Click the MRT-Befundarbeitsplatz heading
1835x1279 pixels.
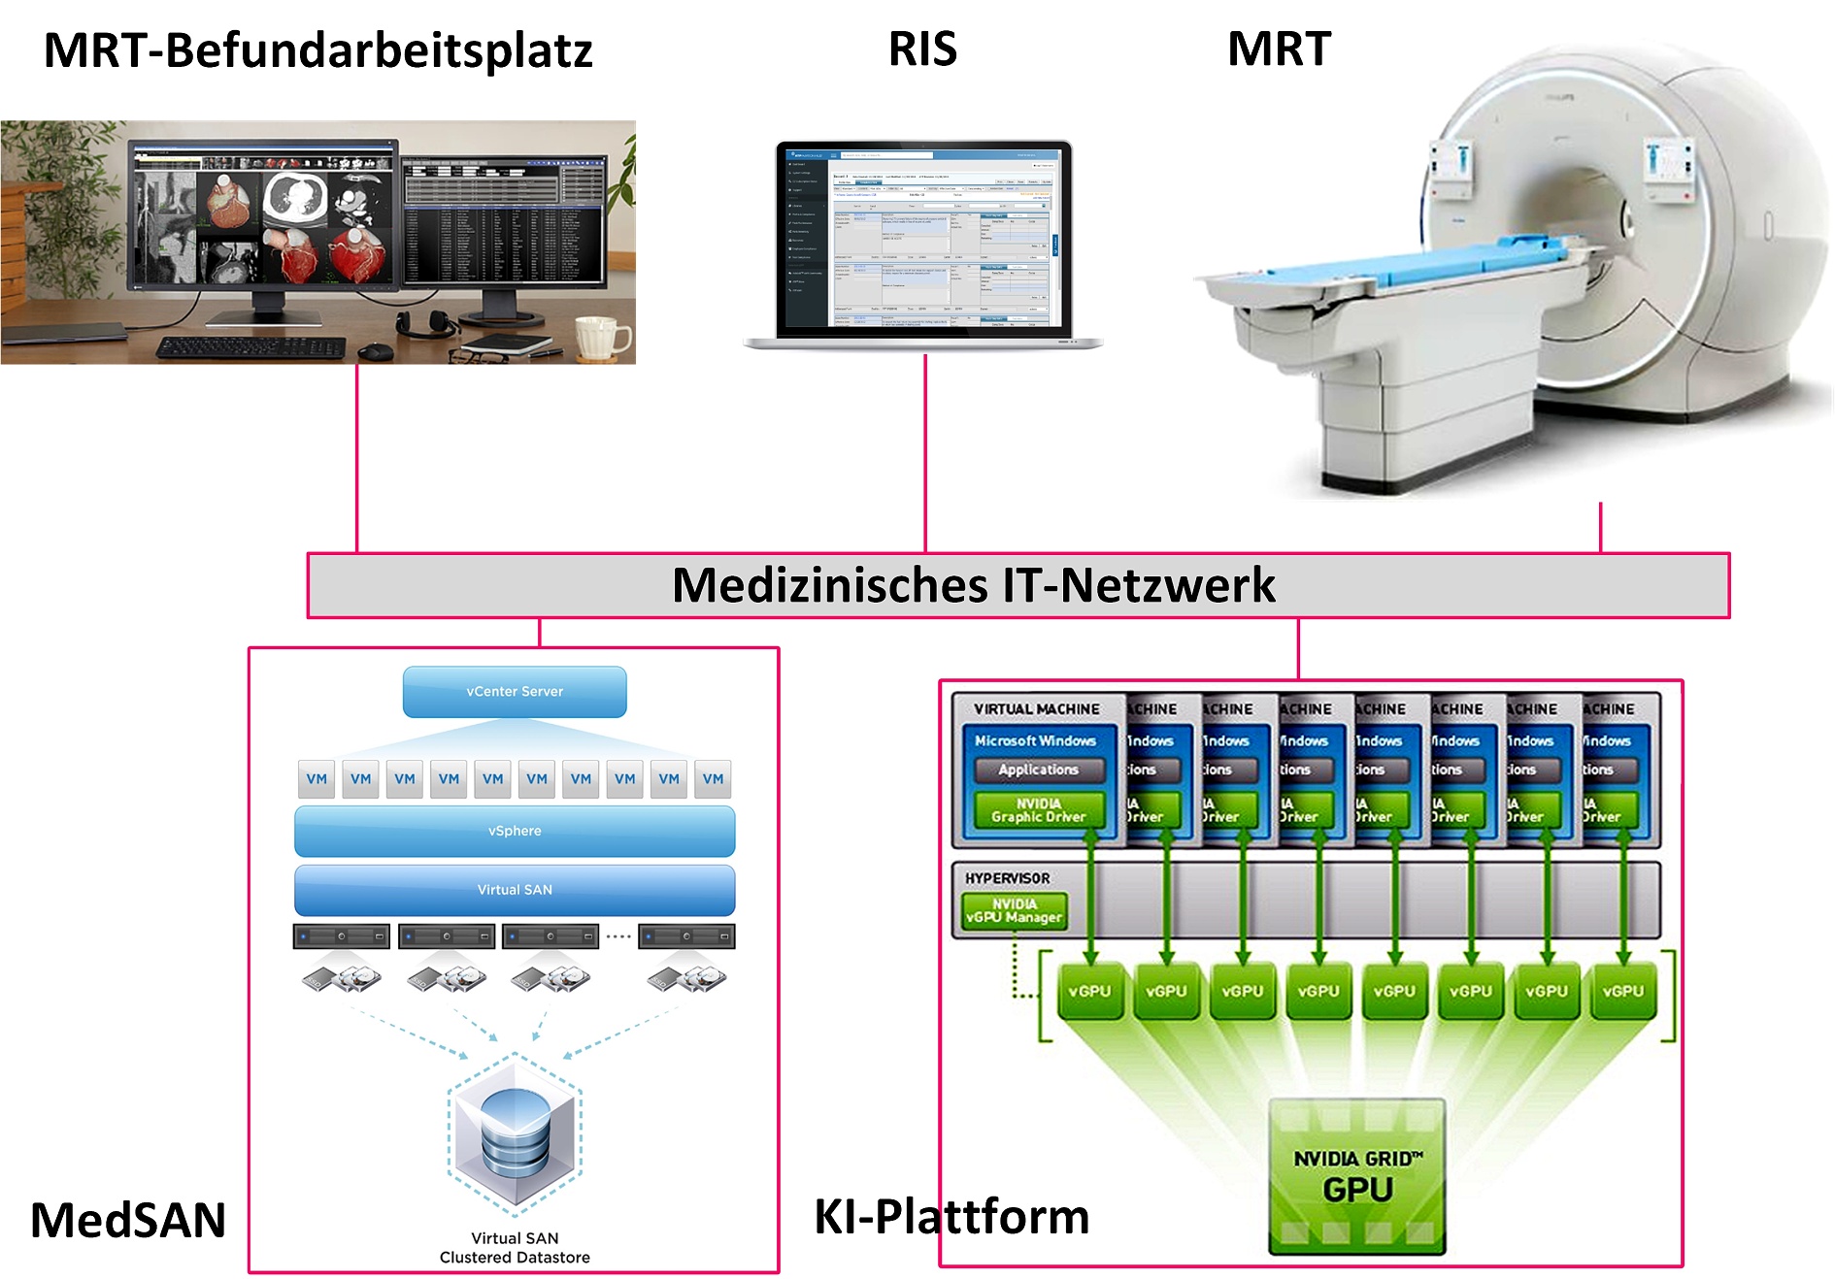pyautogui.click(x=317, y=50)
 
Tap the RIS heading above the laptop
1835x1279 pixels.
pyautogui.click(x=922, y=49)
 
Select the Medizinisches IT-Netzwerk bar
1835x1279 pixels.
pyautogui.click(x=973, y=585)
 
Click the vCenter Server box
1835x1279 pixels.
pyautogui.click(x=515, y=691)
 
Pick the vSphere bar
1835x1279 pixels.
pyautogui.click(x=515, y=831)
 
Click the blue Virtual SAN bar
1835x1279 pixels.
pyautogui.click(x=515, y=889)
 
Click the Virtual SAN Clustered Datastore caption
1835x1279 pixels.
pyautogui.click(x=515, y=1247)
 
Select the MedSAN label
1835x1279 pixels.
pyautogui.click(x=128, y=1220)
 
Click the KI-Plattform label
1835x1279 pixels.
pyautogui.click(x=951, y=1216)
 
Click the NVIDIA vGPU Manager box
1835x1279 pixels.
pyautogui.click(x=1014, y=910)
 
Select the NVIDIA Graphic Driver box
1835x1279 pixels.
pyautogui.click(x=1038, y=810)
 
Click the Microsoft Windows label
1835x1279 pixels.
pyautogui.click(x=1035, y=740)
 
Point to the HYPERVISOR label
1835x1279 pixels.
pyautogui.click(x=1007, y=878)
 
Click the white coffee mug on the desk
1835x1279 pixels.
pyautogui.click(x=601, y=337)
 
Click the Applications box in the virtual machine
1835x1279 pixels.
pyautogui.click(x=1038, y=770)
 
